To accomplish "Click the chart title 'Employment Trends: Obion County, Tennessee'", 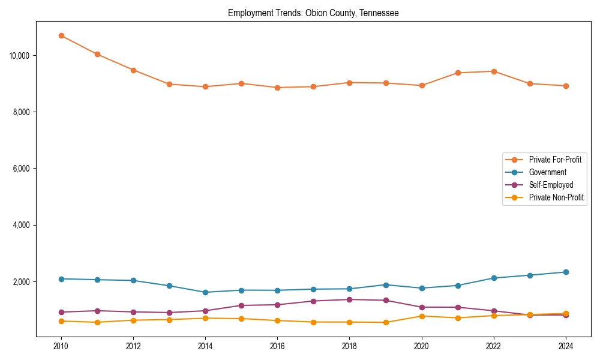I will [x=313, y=13].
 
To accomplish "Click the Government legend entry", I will [x=547, y=172].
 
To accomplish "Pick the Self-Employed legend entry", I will [x=551, y=185].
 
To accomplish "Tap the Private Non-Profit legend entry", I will [x=556, y=197].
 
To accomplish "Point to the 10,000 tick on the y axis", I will [x=20, y=56].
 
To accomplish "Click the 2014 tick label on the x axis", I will [x=205, y=346].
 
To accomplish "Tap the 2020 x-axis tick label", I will [x=421, y=346].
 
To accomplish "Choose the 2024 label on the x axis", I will [x=565, y=346].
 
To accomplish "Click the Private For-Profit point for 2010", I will [x=61, y=35].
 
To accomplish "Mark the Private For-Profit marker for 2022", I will [x=494, y=71].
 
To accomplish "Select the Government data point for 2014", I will [x=205, y=292].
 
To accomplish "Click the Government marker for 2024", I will [x=566, y=272].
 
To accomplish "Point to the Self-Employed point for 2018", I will [x=349, y=299].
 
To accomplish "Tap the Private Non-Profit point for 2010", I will [x=61, y=321].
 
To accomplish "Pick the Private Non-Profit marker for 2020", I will [x=422, y=316].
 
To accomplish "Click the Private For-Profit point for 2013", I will [x=169, y=84].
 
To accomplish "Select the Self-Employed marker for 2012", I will [x=133, y=312].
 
